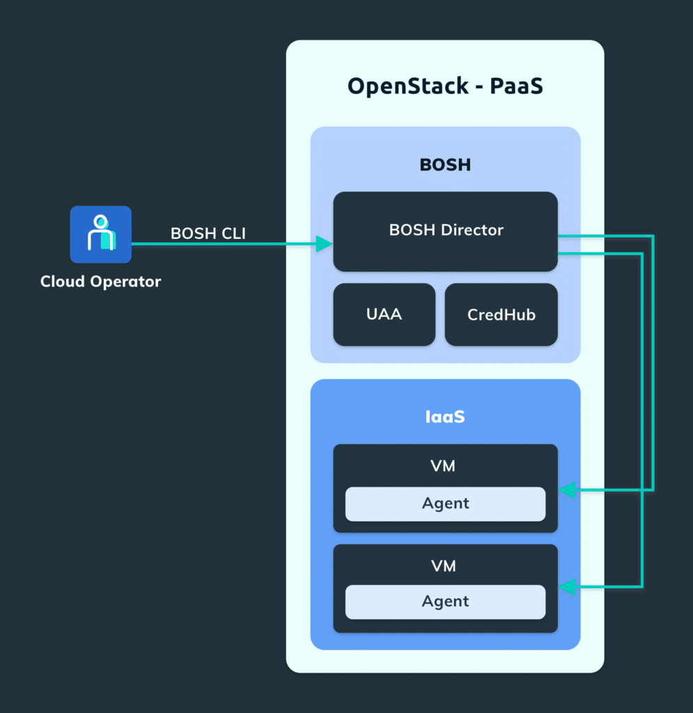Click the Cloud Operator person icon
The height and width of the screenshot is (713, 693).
tap(100, 234)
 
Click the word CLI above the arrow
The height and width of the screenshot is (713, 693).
tap(231, 234)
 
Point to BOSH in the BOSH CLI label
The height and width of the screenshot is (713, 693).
tap(192, 234)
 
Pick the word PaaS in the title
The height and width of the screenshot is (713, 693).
tap(516, 86)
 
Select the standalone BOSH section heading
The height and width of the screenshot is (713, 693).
tap(445, 165)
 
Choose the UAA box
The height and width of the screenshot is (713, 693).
tap(384, 315)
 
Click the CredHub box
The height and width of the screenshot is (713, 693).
tap(501, 315)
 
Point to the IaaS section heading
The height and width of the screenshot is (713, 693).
tap(445, 417)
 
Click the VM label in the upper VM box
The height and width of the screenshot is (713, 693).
tap(443, 466)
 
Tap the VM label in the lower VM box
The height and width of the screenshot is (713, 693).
tap(443, 566)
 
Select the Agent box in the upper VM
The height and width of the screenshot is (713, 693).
tap(445, 503)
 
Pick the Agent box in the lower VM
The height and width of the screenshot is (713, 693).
tap(445, 602)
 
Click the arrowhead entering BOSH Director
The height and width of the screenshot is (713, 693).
tap(324, 244)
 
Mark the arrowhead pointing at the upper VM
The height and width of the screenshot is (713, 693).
tap(568, 491)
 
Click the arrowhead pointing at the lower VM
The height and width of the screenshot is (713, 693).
tap(568, 588)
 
